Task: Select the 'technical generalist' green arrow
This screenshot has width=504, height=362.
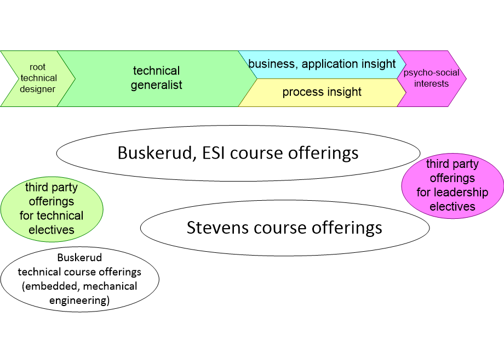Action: coord(156,78)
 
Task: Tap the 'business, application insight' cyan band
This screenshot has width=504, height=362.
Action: coord(322,64)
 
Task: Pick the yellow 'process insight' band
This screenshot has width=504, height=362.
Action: coord(322,92)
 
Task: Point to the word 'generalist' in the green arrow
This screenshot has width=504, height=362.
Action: coord(156,85)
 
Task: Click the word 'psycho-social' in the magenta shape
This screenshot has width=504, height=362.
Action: coord(431,73)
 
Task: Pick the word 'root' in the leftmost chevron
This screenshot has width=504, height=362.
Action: coord(38,67)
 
